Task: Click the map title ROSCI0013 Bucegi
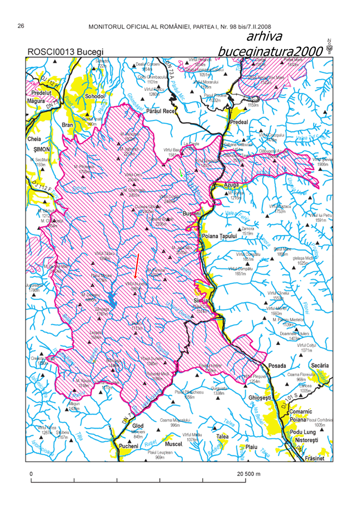(65, 52)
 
